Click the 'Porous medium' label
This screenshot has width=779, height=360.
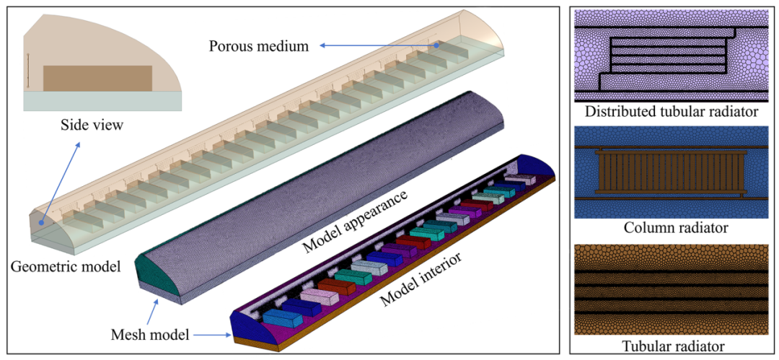[x=258, y=46]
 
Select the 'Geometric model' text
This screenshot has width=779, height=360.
[x=66, y=266]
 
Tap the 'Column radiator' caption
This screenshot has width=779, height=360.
[x=675, y=228]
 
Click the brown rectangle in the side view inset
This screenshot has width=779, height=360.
[x=97, y=78]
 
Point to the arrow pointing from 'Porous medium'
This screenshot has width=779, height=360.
[x=379, y=46]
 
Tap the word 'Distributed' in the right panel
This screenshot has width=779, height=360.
[x=618, y=112]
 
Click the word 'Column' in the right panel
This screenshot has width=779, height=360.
[x=647, y=228]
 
